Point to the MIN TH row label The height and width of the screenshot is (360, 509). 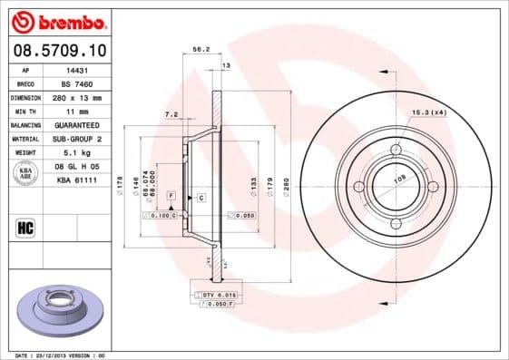[24, 110]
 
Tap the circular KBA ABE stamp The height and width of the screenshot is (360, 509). [24, 173]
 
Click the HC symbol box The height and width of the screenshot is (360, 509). [24, 226]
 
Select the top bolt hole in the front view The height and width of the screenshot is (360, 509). [396, 150]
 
